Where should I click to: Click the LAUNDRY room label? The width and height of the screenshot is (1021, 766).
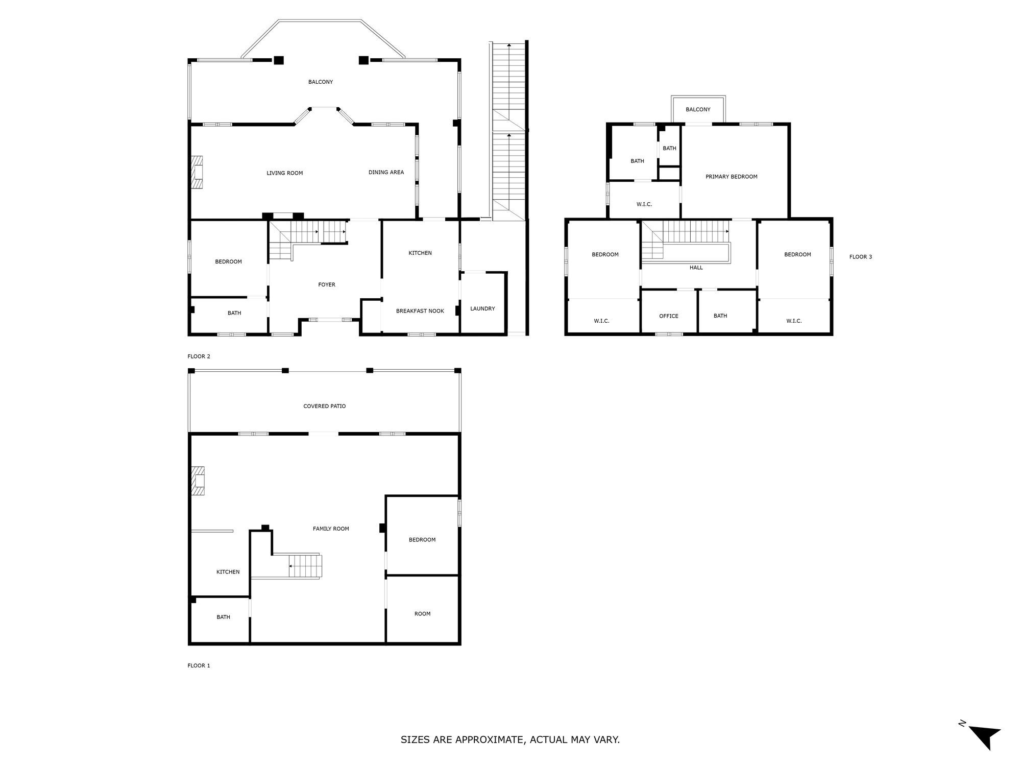tap(482, 308)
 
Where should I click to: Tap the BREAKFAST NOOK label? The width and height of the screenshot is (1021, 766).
tap(420, 310)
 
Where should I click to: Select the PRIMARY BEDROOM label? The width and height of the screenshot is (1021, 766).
tap(731, 177)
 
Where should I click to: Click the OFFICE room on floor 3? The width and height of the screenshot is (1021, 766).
tap(668, 316)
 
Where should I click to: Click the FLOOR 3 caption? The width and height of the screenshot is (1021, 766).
tap(860, 257)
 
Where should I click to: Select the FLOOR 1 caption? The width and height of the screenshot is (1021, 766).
tap(199, 665)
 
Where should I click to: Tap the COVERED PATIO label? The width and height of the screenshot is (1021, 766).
tap(324, 406)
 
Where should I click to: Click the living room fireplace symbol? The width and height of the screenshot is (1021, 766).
tap(197, 173)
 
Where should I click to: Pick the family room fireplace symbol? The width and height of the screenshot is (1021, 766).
tap(198, 481)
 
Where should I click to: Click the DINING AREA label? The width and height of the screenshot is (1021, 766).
tap(386, 172)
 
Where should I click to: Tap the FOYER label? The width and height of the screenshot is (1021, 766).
tap(327, 284)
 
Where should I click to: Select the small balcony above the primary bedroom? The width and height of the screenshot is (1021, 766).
tap(698, 109)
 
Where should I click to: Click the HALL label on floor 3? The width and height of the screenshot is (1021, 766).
tap(696, 267)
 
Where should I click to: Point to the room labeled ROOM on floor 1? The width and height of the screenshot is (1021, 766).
tap(422, 614)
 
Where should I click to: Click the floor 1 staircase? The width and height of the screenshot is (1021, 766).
tap(305, 566)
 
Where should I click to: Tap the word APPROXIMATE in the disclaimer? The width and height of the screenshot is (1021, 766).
tap(488, 739)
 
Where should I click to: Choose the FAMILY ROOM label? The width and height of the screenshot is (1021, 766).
tap(331, 529)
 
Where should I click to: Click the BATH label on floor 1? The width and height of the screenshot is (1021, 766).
tap(223, 617)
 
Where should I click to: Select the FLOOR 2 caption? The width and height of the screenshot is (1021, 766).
tap(199, 356)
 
